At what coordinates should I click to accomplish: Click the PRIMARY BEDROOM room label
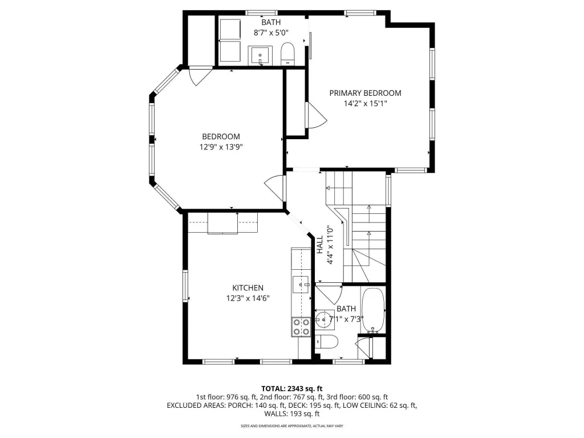pyautogui.click(x=365, y=93)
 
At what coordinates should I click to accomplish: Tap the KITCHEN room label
pyautogui.click(x=248, y=288)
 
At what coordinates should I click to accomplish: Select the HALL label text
pyautogui.click(x=320, y=245)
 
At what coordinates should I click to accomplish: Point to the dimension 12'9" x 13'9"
pyautogui.click(x=221, y=147)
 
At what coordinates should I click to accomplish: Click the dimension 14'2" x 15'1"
pyautogui.click(x=365, y=104)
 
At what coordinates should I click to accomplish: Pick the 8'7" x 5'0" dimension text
pyautogui.click(x=271, y=33)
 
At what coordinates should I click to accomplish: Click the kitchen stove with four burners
pyautogui.click(x=301, y=327)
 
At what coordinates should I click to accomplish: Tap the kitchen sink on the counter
pyautogui.click(x=301, y=285)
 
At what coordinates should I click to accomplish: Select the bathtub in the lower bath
pyautogui.click(x=373, y=311)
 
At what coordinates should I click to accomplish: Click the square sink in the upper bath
pyautogui.click(x=260, y=56)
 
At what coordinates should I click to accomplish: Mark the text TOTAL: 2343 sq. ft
pyautogui.click(x=291, y=389)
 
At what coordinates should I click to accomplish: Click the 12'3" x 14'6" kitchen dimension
pyautogui.click(x=248, y=298)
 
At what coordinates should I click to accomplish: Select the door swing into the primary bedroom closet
pyautogui.click(x=316, y=115)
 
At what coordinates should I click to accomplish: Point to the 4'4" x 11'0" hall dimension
pyautogui.click(x=330, y=245)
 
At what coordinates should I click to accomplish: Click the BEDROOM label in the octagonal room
pyautogui.click(x=221, y=137)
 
